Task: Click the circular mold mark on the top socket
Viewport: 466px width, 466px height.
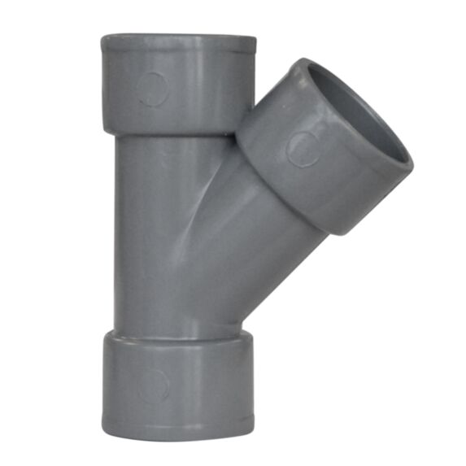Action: pyautogui.click(x=152, y=88)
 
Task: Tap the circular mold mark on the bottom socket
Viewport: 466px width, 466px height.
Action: pyautogui.click(x=152, y=385)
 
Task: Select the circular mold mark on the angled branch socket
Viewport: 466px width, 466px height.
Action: pyautogui.click(x=303, y=148)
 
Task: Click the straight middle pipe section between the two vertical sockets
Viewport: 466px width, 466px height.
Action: pyautogui.click(x=146, y=236)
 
